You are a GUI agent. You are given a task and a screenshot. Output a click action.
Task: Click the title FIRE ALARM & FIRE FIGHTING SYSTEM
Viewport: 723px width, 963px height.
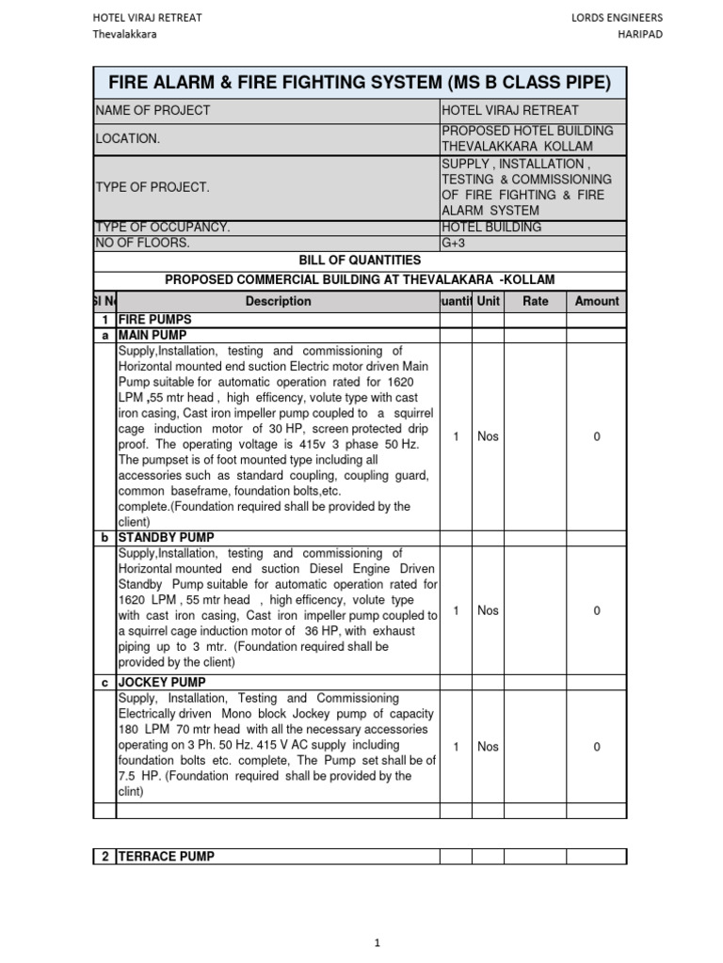coord(360,83)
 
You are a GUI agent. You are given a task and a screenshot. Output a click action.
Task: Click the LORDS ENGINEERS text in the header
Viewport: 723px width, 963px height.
coord(617,18)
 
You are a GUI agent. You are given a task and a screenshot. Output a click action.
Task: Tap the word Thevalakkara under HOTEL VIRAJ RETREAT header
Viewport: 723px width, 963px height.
coord(124,35)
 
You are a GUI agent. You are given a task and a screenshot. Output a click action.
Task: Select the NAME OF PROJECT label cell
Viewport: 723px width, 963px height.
coord(153,110)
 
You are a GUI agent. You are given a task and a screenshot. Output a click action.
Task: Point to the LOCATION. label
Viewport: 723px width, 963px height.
coord(128,138)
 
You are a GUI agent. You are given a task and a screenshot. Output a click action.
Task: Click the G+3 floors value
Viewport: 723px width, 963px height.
coord(454,243)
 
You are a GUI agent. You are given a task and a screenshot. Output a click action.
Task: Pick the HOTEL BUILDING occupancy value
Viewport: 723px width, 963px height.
coord(491,227)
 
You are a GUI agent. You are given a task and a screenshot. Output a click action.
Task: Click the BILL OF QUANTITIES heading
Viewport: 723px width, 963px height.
coord(360,260)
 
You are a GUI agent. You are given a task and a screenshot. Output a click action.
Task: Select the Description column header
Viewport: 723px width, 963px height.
coord(278,301)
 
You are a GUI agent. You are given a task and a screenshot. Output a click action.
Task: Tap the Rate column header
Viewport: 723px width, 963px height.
coord(535,301)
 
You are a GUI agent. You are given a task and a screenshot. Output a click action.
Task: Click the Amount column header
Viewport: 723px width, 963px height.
coord(597,301)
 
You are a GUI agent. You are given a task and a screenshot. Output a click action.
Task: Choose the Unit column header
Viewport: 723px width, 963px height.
coord(488,301)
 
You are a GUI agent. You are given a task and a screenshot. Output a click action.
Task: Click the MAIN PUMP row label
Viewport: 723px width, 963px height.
coord(153,335)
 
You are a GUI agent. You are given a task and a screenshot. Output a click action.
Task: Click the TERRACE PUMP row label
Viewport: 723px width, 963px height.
coord(166,856)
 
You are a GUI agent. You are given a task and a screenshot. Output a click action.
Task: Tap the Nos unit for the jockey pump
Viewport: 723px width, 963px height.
coord(488,747)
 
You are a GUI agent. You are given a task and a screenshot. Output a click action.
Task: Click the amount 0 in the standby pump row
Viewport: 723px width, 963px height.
coord(597,611)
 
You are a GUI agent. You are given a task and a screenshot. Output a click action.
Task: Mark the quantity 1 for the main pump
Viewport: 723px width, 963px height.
coord(456,436)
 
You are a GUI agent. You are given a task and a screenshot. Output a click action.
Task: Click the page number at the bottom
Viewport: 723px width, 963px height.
coord(377,942)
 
